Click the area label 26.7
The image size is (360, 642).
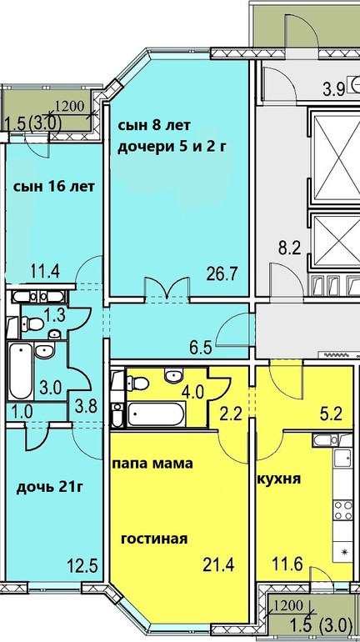(222, 272)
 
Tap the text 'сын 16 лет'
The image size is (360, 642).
(54, 187)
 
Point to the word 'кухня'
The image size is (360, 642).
(279, 479)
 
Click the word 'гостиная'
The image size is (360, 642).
(154, 538)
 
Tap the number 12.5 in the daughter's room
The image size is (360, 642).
(82, 567)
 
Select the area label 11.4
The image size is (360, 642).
(45, 270)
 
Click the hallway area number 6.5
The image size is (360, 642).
(202, 348)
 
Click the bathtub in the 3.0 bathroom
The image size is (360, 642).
(21, 371)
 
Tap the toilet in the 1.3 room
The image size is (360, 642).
(33, 324)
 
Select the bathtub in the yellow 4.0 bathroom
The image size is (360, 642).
(157, 414)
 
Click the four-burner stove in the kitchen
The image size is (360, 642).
(342, 510)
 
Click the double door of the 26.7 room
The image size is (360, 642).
(167, 290)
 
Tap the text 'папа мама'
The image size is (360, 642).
(152, 464)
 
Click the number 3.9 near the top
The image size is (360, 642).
(333, 89)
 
